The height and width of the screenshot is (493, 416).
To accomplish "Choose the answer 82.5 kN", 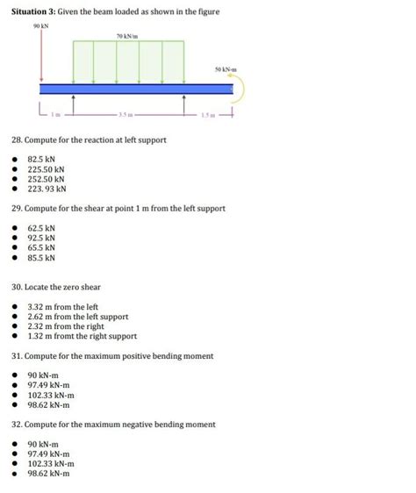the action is click(41, 159).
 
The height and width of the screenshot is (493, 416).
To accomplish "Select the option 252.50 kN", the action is click(46, 178).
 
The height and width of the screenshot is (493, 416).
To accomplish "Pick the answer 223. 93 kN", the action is click(47, 188).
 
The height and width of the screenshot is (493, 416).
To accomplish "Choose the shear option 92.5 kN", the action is click(41, 238).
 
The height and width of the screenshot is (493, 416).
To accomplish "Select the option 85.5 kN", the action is click(41, 258).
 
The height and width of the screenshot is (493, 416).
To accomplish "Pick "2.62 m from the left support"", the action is click(78, 317).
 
